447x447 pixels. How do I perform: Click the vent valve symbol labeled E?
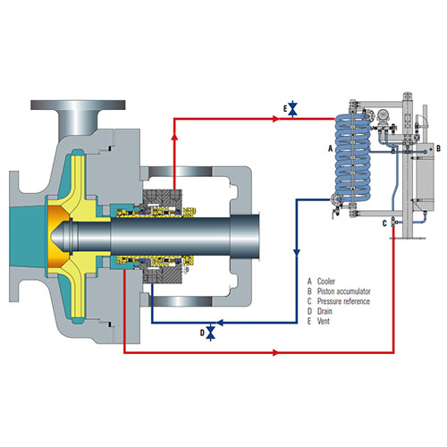293,108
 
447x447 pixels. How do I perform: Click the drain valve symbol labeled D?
211,333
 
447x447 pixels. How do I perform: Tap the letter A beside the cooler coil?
330,148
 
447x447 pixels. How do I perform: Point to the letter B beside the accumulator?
438,148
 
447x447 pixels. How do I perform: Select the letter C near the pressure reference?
384,223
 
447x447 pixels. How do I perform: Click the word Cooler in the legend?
326,282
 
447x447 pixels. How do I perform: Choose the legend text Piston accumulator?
344,291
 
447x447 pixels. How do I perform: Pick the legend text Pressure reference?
343,301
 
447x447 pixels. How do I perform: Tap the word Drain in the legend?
325,311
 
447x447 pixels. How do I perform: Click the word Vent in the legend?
324,321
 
